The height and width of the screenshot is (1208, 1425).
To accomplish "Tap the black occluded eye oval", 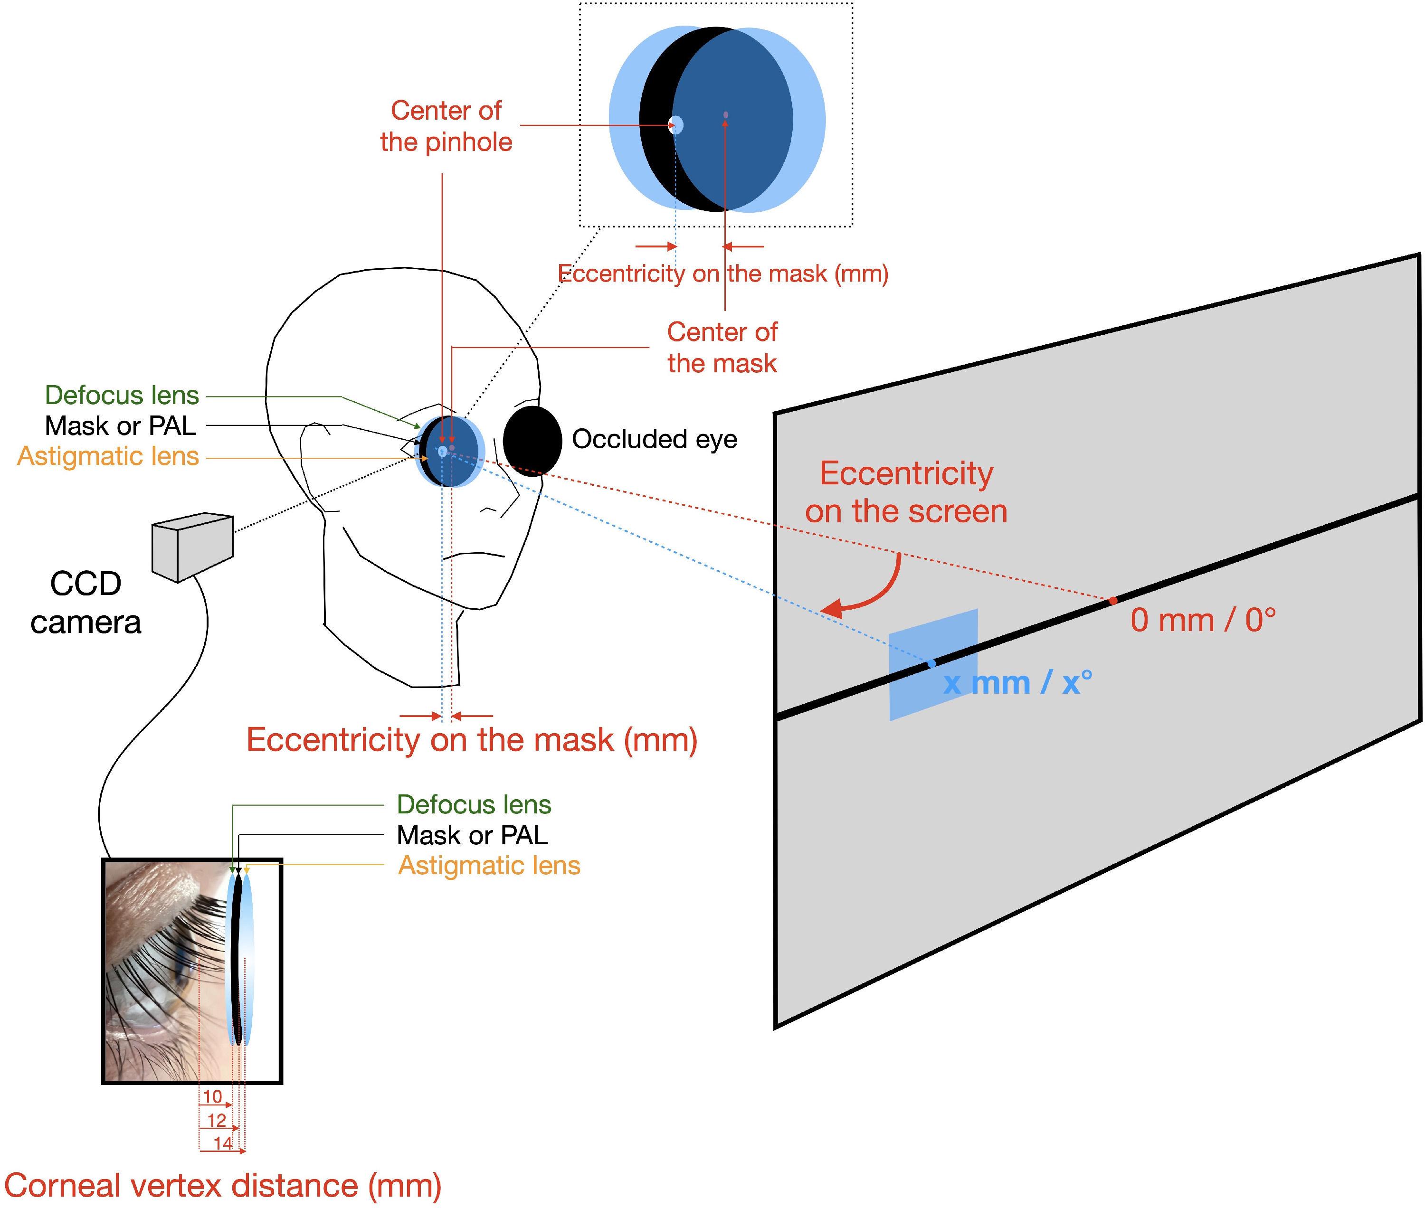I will pyautogui.click(x=532, y=440).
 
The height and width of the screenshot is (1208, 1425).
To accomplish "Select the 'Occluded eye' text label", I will pyautogui.click(x=654, y=439).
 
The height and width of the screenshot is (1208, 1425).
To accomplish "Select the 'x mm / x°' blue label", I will pyautogui.click(x=1017, y=683).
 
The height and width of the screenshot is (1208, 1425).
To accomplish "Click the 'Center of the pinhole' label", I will pyautogui.click(x=446, y=126).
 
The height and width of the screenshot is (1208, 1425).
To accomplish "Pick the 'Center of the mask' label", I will pyautogui.click(x=722, y=347).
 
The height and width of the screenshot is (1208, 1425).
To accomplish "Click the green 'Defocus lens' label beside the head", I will pyautogui.click(x=122, y=395).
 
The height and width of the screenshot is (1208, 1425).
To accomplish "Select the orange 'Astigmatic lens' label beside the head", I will pyautogui.click(x=108, y=456).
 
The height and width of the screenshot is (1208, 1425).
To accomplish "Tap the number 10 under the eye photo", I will pyautogui.click(x=212, y=1096).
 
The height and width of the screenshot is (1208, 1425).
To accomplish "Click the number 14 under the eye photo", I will pyautogui.click(x=223, y=1143).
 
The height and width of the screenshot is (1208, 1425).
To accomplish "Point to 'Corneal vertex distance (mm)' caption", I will pyautogui.click(x=223, y=1185).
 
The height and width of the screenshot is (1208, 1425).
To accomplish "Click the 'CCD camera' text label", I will pyautogui.click(x=85, y=603).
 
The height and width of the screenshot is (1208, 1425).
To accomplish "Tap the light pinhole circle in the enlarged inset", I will pyautogui.click(x=675, y=124).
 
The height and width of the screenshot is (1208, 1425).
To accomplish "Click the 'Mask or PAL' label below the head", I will pyautogui.click(x=472, y=835).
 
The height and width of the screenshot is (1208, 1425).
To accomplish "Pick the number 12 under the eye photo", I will pyautogui.click(x=217, y=1120).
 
